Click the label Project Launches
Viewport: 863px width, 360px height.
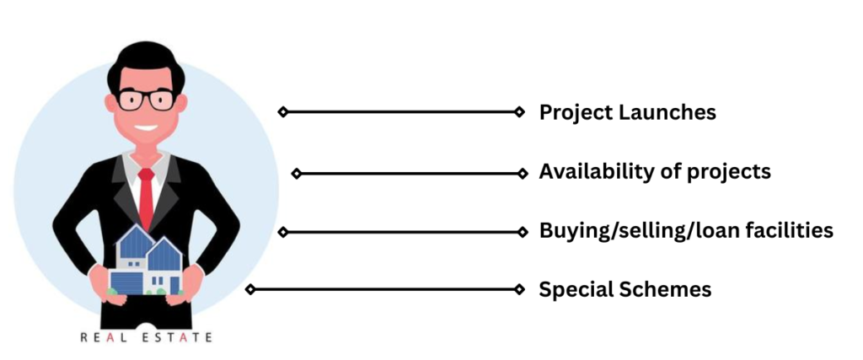(627, 112)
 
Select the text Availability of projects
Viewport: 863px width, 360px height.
(654, 172)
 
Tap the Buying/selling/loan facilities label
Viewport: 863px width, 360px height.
(686, 231)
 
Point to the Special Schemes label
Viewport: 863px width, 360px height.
(624, 289)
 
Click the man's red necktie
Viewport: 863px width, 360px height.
(146, 198)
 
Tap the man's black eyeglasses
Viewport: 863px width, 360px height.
(146, 99)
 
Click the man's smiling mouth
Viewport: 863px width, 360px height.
(146, 129)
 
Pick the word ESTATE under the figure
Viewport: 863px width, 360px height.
(177, 337)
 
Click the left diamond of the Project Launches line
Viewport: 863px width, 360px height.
(283, 112)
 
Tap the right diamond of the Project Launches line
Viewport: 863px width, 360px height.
(519, 112)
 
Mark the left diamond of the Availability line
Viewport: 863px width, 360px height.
(296, 174)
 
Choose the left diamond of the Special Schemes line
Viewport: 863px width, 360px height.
(250, 289)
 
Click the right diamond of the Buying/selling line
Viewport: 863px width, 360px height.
(523, 233)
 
